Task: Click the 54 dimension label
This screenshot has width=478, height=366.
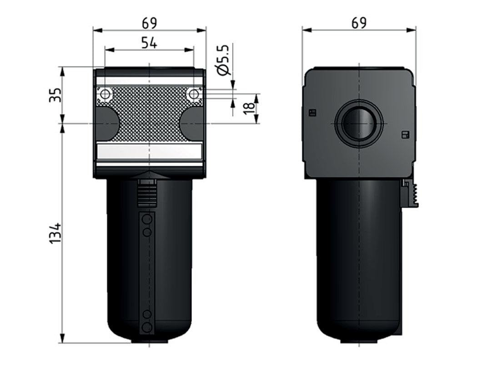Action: [149, 43]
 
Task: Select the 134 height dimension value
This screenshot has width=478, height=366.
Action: [55, 233]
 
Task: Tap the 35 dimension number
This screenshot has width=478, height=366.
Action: [55, 95]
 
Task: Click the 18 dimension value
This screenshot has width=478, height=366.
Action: [249, 108]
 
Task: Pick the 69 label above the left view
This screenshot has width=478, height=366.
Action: [149, 24]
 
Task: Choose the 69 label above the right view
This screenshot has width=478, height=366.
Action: [359, 24]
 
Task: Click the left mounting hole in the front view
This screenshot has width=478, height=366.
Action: [105, 94]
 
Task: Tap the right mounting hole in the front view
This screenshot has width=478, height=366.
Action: [194, 94]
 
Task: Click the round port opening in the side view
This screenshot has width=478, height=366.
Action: [359, 124]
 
